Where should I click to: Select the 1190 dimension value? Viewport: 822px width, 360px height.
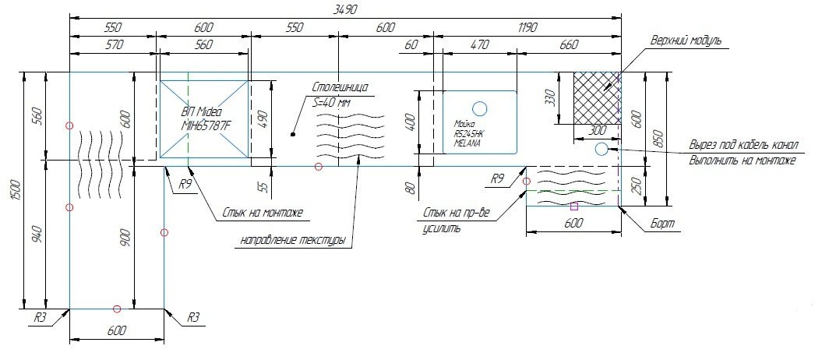click(x=527, y=27)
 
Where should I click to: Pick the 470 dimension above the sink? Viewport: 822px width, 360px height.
click(x=479, y=45)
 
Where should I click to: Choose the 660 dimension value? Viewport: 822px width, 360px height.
click(x=569, y=45)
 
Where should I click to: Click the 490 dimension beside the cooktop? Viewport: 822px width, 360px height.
click(x=263, y=119)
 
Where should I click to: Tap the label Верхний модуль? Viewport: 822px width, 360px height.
click(x=687, y=40)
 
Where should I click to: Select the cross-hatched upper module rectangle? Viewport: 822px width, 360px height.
click(x=597, y=97)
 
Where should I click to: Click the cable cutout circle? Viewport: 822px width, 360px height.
click(x=602, y=149)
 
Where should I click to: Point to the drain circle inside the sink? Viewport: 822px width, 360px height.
click(x=480, y=108)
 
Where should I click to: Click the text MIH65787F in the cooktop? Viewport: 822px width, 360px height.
click(x=206, y=126)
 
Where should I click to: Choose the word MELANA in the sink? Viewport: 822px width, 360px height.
click(x=467, y=143)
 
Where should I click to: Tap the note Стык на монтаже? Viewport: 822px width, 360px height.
click(x=263, y=212)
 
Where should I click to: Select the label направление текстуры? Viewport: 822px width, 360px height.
click(x=292, y=240)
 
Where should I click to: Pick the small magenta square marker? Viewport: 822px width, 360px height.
click(x=574, y=206)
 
